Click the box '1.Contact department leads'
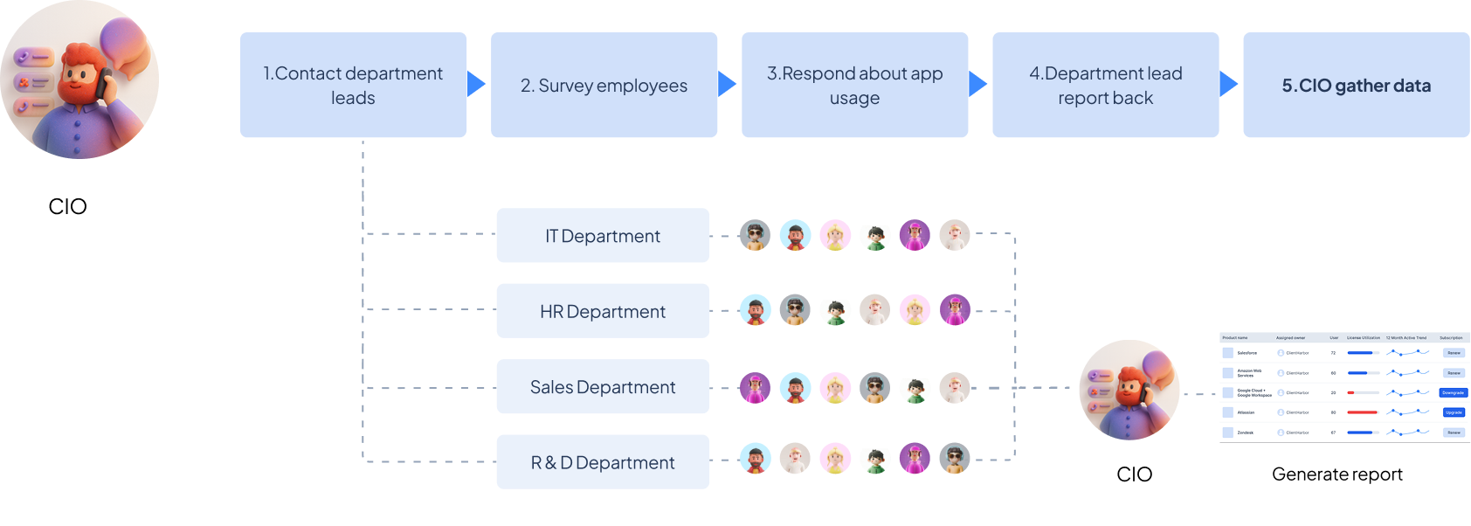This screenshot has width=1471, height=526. coord(353,86)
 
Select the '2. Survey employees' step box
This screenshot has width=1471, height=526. coord(604,86)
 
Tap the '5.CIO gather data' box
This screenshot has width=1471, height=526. coord(1356,86)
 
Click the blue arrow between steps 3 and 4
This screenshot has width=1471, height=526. coord(977,84)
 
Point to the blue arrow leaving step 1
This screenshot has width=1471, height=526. coord(476,84)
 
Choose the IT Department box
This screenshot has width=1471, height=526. coord(603,236)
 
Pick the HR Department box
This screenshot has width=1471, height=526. coord(603,311)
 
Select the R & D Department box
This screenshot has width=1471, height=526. coord(603,462)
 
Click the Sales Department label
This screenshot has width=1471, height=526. coord(603,387)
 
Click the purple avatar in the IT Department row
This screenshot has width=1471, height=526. coord(915,235)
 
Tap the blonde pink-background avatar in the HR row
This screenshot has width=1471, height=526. coord(915,310)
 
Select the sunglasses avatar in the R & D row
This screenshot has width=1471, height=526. coord(955,459)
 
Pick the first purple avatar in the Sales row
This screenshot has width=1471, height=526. coord(755,387)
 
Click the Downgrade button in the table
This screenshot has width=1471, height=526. coord(1453,393)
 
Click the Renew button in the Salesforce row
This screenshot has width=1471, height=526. coord(1454,353)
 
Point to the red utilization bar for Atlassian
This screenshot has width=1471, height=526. coord(1362,412)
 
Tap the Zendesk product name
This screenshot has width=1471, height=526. coord(1246,433)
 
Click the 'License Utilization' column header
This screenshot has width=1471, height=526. coord(1364,337)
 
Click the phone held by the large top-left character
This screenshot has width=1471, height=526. coord(103,83)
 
